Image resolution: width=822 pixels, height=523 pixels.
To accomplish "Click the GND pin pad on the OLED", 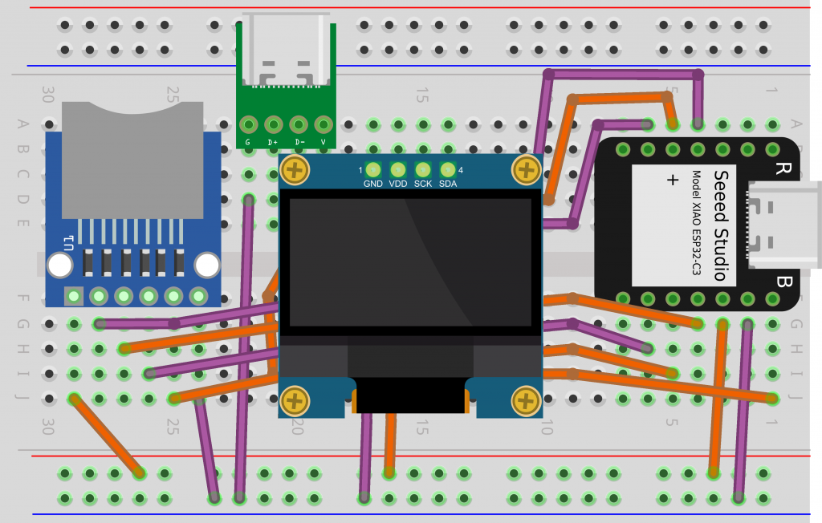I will click(373, 169).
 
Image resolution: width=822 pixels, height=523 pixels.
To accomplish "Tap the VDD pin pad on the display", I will click(398, 169).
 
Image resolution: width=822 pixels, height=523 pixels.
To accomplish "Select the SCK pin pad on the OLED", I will click(423, 169).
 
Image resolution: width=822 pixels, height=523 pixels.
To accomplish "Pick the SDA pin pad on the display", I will click(448, 169).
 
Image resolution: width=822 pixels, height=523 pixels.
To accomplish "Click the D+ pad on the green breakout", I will click(274, 125).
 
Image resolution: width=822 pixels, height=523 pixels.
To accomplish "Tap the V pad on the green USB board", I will click(324, 125).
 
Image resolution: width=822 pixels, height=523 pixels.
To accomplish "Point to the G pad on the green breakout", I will click(249, 125).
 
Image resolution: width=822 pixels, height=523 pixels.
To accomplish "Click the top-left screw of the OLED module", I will click(296, 170).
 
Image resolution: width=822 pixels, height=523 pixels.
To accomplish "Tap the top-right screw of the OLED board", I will click(526, 170).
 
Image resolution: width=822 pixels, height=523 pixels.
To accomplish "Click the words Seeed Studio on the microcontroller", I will click(722, 225).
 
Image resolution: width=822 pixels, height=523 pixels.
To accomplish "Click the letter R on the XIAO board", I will click(780, 169).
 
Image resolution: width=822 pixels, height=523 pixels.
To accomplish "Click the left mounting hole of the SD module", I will click(58, 265).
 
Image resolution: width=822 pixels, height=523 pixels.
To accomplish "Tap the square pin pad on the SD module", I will click(74, 297).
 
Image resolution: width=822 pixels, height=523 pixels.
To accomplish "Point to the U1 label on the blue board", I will click(71, 239).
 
